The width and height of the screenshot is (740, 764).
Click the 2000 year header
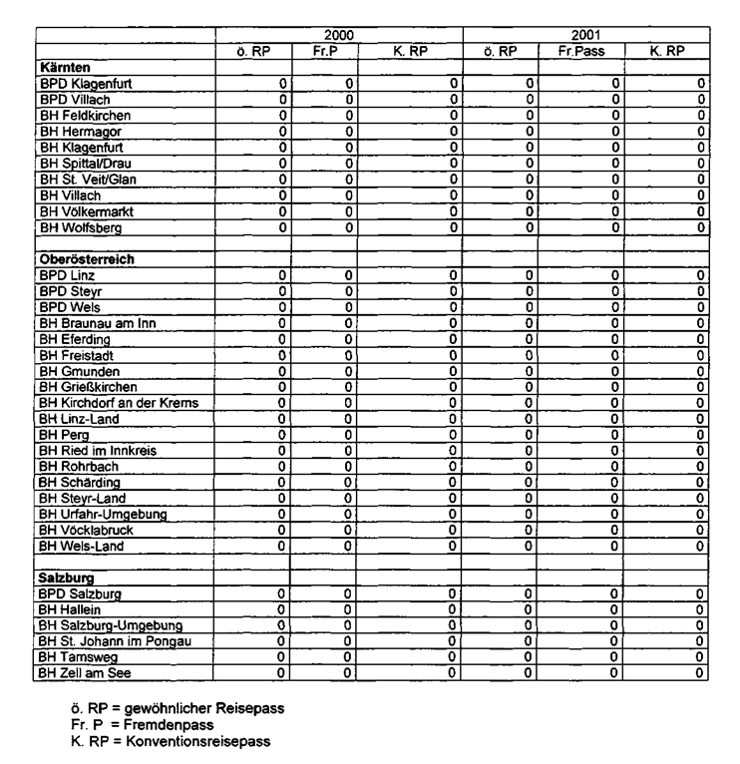(340, 34)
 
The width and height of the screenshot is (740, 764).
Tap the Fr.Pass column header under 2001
(576, 50)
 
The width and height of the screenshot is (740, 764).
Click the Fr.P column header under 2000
(325, 50)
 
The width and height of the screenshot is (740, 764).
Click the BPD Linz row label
(66, 275)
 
